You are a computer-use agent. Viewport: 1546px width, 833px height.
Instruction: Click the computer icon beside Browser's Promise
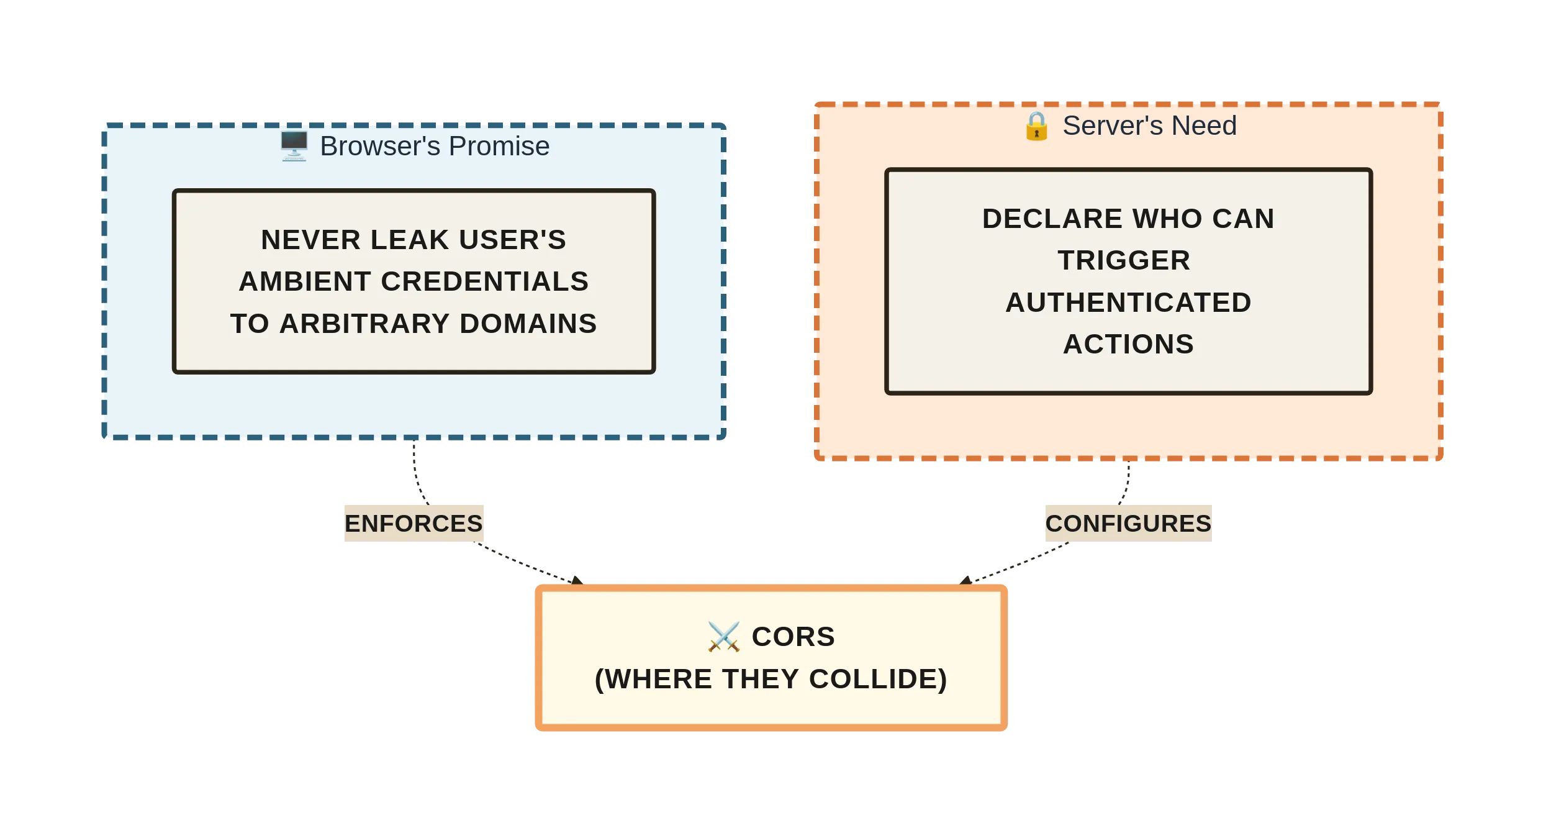coord(294,147)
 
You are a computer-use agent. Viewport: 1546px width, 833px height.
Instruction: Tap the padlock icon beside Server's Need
coord(1036,126)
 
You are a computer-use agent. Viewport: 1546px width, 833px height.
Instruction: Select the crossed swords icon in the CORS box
coord(723,637)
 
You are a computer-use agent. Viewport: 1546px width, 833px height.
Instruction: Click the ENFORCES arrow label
coord(414,523)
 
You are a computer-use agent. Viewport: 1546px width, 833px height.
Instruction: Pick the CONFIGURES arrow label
coord(1128,523)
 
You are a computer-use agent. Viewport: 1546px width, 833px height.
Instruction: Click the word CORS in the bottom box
coord(793,637)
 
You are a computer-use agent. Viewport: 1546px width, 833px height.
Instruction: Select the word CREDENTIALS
coord(484,281)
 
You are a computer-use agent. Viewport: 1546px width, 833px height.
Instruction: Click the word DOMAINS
coord(528,324)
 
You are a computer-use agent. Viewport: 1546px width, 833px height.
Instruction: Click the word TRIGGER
coord(1124,260)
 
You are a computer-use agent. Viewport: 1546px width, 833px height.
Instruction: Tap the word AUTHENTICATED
coord(1128,303)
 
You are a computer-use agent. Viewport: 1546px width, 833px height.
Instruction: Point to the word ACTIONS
coord(1128,344)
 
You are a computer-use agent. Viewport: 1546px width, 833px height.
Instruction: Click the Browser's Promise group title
coord(435,147)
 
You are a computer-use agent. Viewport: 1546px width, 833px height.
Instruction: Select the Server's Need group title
coord(1149,126)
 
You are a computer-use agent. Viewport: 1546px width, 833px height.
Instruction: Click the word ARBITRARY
coord(364,324)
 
